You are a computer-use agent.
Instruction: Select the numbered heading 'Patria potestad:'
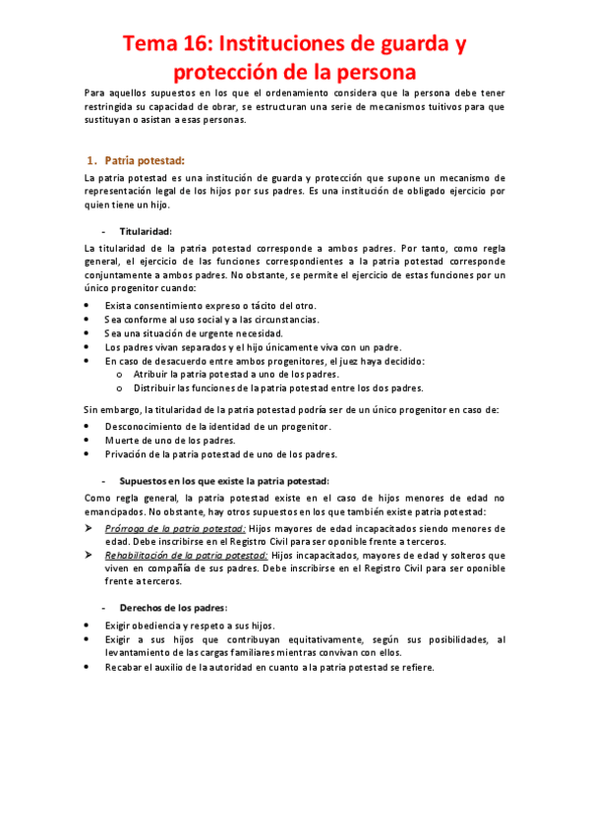click(x=145, y=160)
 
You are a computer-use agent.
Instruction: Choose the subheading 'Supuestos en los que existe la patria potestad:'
click(x=224, y=481)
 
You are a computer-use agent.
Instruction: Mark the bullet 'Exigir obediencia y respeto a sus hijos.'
click(x=190, y=625)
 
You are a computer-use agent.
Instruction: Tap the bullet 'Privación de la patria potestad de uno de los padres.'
click(x=221, y=454)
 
